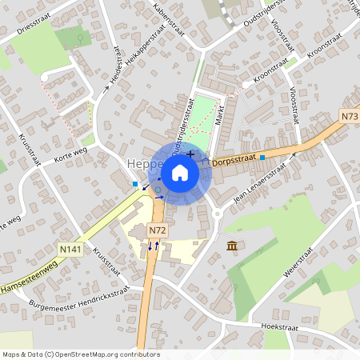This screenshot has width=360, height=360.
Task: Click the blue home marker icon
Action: [x=180, y=172]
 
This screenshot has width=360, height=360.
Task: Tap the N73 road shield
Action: [x=349, y=117]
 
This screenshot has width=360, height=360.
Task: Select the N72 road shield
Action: [x=157, y=230]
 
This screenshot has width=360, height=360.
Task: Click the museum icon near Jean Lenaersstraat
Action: [x=232, y=245]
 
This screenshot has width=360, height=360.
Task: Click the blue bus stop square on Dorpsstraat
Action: [x=262, y=158]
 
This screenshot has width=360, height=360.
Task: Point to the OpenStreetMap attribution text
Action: [x=81, y=354]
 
